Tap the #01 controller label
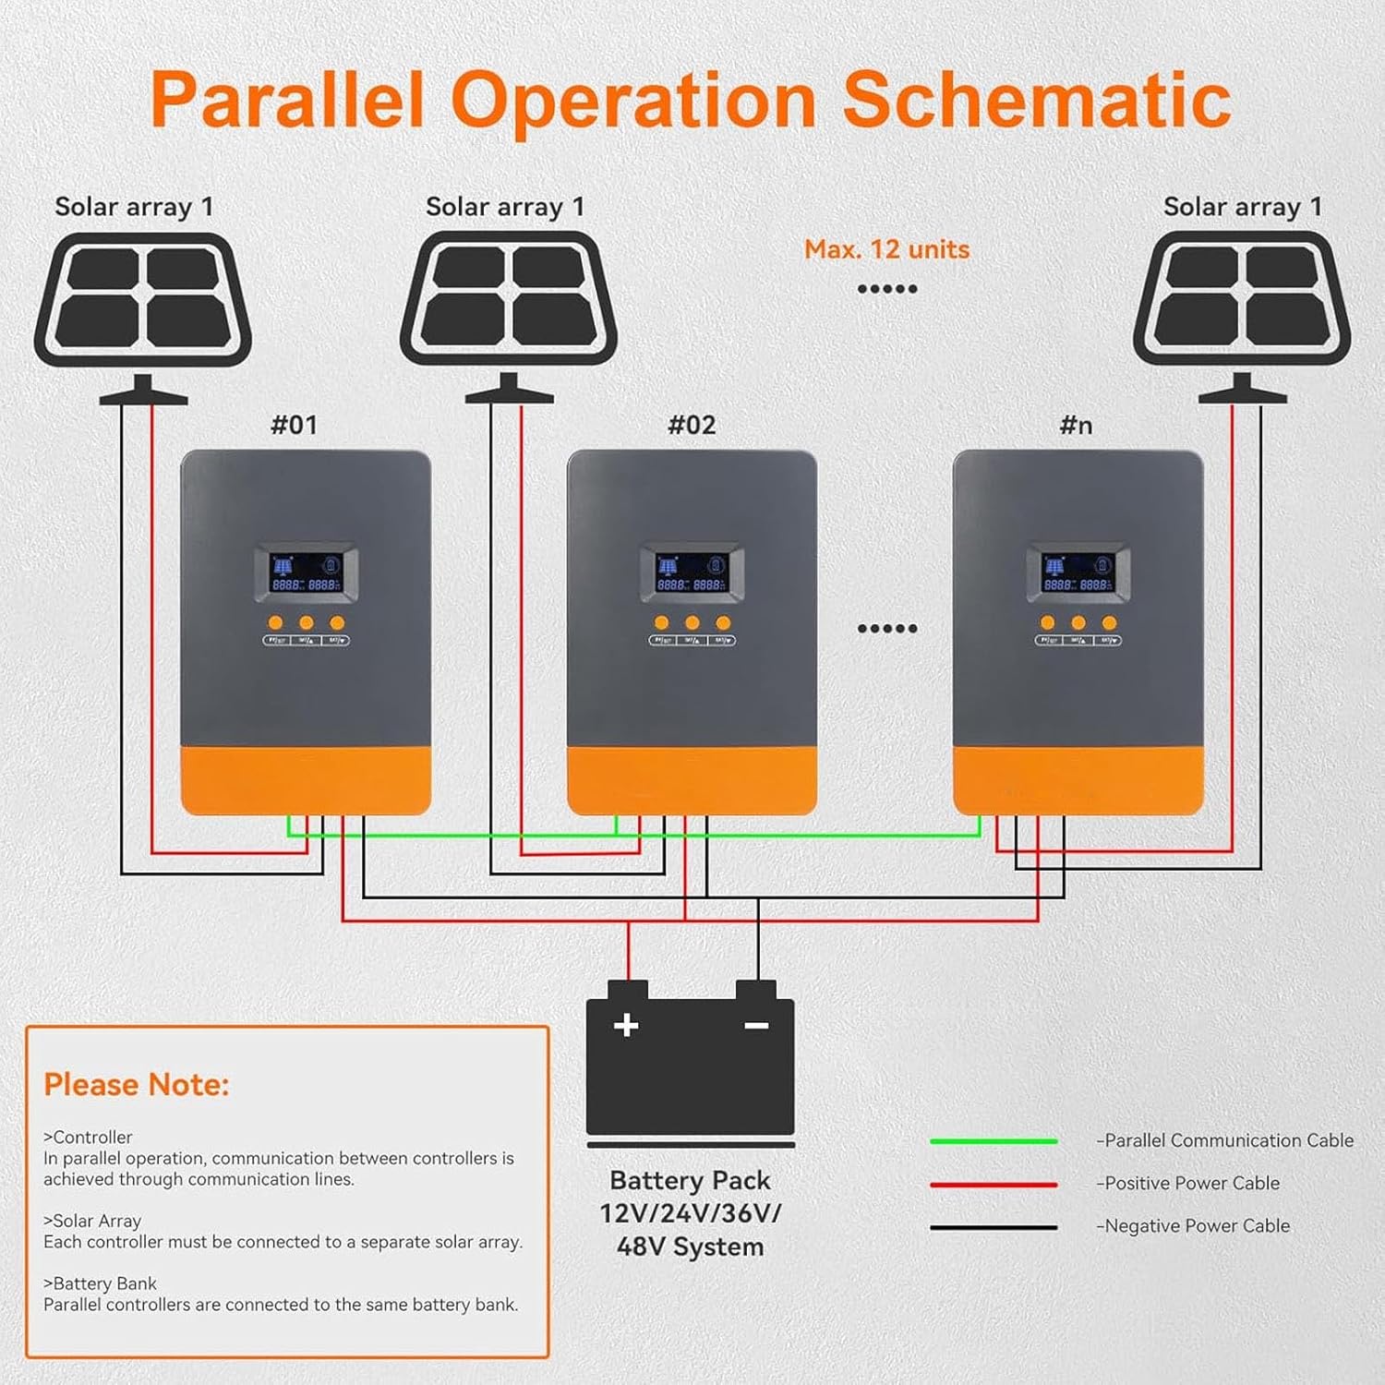pyautogui.click(x=294, y=425)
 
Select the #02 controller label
pyautogui.click(x=692, y=425)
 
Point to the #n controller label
pyautogui.click(x=1076, y=425)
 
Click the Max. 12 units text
pyautogui.click(x=886, y=249)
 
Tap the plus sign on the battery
pyautogui.click(x=626, y=1025)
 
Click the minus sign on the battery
pyautogui.click(x=756, y=1025)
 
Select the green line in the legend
pyautogui.click(x=994, y=1141)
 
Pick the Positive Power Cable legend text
pyautogui.click(x=1191, y=1183)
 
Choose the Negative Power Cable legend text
pyautogui.click(x=1196, y=1225)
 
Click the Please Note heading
pyautogui.click(x=137, y=1084)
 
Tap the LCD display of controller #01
pyautogui.click(x=306, y=573)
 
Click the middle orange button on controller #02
pyautogui.click(x=692, y=623)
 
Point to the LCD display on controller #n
pyautogui.click(x=1078, y=573)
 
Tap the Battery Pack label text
pyautogui.click(x=690, y=1181)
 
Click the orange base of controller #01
pyautogui.click(x=306, y=780)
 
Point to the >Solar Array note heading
pyautogui.click(x=92, y=1221)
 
